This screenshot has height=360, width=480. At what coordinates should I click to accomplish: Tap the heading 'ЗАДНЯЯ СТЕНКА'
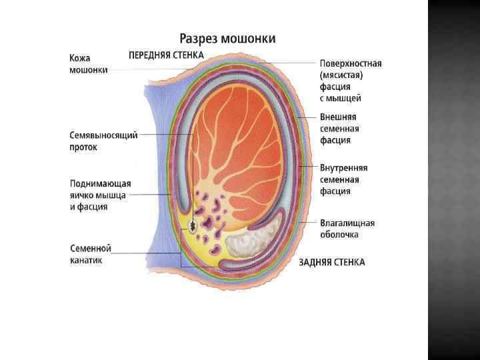click(x=332, y=262)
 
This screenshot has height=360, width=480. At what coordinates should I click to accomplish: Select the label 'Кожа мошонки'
click(x=88, y=64)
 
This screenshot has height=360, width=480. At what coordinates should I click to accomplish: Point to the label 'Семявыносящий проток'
click(x=103, y=141)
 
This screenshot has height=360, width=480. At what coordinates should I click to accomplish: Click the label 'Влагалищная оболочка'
click(x=347, y=229)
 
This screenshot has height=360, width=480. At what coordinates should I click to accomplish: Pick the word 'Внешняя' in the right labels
click(x=337, y=117)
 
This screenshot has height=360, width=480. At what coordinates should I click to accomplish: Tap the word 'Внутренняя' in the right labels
click(x=343, y=168)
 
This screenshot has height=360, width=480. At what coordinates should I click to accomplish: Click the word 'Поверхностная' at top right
click(x=350, y=64)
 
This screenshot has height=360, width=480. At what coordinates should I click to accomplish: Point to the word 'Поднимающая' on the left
click(x=100, y=183)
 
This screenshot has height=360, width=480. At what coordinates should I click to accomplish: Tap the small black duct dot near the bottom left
click(x=193, y=227)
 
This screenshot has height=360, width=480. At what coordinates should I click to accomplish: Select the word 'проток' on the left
click(x=83, y=147)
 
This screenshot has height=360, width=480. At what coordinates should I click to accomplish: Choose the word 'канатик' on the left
click(x=86, y=261)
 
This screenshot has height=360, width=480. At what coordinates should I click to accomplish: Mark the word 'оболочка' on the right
click(x=339, y=235)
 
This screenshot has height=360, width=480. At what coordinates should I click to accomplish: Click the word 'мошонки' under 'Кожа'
click(x=88, y=70)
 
